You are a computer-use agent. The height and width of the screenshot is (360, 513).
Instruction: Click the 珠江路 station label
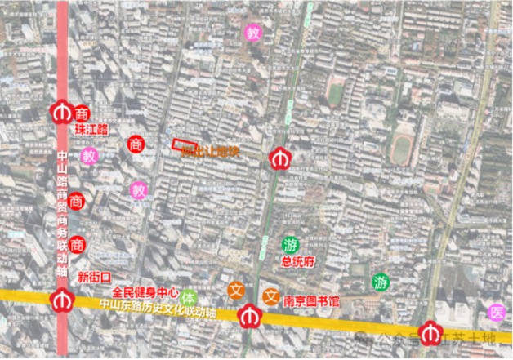click(x=91, y=129)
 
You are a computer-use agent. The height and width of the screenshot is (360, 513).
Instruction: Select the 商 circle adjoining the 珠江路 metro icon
click(x=81, y=113)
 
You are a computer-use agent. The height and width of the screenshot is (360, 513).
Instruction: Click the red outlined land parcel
click(x=182, y=145)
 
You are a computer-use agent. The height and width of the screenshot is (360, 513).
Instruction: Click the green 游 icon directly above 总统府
click(x=290, y=244)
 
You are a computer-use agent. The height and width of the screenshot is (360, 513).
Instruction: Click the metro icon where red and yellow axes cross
click(x=60, y=300)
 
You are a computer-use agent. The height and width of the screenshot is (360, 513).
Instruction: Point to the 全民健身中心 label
click(x=145, y=291)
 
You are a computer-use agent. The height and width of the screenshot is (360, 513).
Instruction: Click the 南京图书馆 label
click(x=312, y=301)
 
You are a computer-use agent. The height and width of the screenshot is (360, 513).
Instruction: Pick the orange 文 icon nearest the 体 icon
click(x=236, y=290)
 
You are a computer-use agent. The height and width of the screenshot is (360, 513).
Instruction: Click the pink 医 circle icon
click(x=495, y=312)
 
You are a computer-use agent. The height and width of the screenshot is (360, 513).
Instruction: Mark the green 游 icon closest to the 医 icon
click(x=381, y=282)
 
